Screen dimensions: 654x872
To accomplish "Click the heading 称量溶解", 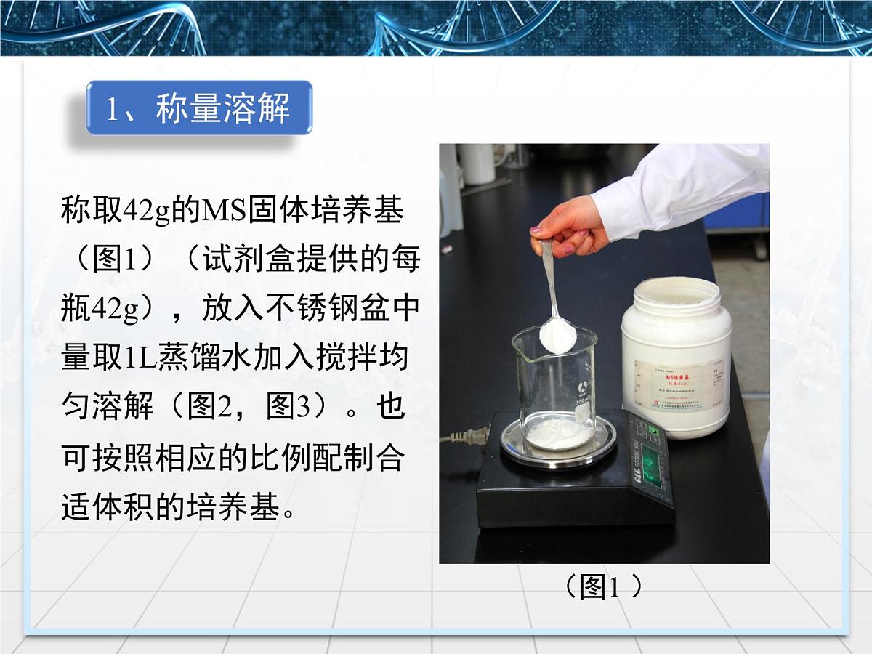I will pos(198,108).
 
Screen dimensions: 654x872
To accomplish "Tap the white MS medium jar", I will pos(676,356).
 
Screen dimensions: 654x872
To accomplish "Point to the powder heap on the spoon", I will pos(557,335).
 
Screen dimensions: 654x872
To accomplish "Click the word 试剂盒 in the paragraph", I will pos(239,260).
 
